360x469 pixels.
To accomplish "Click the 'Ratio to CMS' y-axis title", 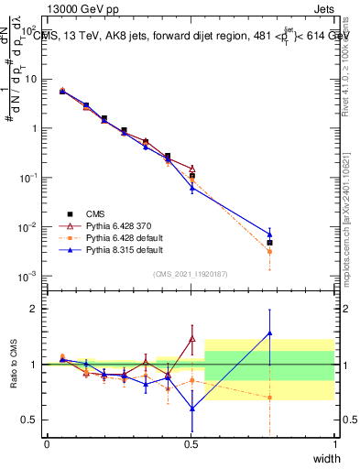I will tap(13, 365).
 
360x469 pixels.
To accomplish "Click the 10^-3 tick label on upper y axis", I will tap(25, 276).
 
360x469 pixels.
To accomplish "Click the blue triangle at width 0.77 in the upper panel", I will tap(269, 234).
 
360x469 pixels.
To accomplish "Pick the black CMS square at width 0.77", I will tap(269, 243).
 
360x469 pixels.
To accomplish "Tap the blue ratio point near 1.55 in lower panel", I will tap(269, 333).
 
